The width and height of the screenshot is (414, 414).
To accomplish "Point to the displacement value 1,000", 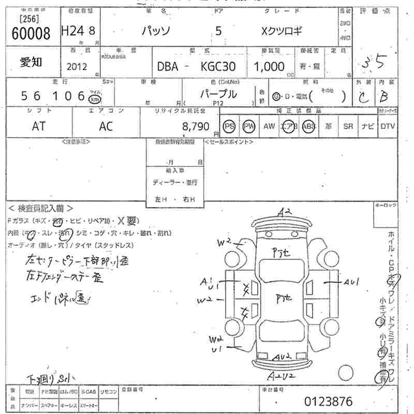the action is click(x=269, y=67).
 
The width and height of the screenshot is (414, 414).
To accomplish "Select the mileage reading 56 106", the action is click(x=53, y=96).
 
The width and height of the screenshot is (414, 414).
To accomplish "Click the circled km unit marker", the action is click(x=95, y=99).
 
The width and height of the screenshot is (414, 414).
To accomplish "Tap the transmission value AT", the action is click(x=39, y=126).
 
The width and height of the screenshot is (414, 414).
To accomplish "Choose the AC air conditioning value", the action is click(x=106, y=126).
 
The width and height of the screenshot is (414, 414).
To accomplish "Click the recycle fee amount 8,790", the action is click(x=195, y=126).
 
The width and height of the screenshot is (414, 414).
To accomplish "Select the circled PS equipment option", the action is click(x=229, y=126).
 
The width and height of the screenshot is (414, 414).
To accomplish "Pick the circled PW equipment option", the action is click(x=249, y=126).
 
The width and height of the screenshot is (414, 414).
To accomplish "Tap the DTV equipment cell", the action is click(x=387, y=126).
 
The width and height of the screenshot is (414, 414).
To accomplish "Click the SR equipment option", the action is click(x=348, y=126).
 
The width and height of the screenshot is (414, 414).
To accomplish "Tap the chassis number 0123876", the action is click(x=328, y=401).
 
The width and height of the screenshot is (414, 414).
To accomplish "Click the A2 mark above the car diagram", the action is click(x=284, y=211).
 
